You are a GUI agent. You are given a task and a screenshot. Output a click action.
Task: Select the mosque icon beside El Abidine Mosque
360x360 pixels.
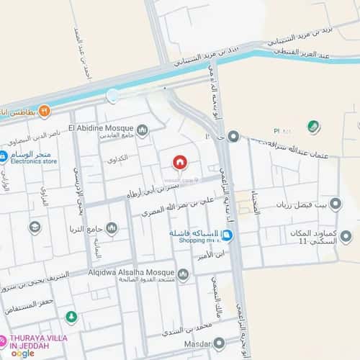[143, 130]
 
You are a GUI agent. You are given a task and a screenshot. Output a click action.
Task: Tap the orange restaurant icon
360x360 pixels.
[45, 111]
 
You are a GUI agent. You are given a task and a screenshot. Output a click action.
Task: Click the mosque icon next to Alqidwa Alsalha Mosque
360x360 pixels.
[183, 274]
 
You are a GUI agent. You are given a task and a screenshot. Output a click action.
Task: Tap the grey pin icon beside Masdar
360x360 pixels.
[219, 344]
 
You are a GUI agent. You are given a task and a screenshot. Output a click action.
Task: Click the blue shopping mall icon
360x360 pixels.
[228, 235]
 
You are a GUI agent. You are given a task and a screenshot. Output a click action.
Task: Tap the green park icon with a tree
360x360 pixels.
[71, 317]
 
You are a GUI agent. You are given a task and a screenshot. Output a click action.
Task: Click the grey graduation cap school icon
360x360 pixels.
[35, 228]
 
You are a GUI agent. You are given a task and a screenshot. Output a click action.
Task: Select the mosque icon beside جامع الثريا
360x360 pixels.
[112, 228]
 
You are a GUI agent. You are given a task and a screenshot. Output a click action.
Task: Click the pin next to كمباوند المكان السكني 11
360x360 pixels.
[346, 236]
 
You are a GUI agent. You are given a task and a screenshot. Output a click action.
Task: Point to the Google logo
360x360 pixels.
[22, 353]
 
